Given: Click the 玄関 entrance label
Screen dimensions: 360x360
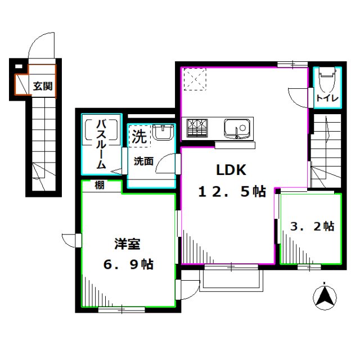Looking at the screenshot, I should pos(42,87).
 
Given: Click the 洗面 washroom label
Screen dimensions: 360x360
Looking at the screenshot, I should pos(143,161).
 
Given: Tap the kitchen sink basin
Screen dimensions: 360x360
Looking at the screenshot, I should pos(236,128).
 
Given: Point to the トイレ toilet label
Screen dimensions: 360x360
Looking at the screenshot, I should pos(326,99).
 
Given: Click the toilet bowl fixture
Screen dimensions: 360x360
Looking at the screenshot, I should pos(326,82).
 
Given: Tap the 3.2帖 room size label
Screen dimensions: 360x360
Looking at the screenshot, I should pos(312,226).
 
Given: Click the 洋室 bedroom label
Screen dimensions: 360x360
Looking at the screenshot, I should pos(128,244).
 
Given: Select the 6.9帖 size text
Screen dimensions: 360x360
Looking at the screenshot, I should pos(128,264).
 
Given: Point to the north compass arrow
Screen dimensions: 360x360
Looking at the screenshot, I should pos(325,296).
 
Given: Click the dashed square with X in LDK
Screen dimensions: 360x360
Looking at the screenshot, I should pos(196,79).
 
